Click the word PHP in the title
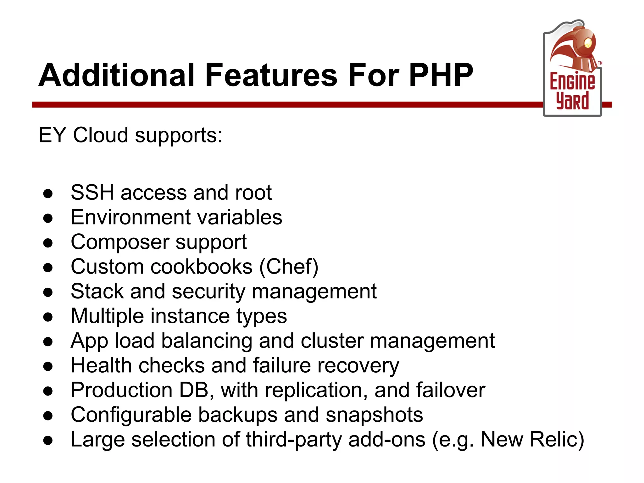point(441,75)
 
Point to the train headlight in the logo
point(588,43)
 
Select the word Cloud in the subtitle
point(101,135)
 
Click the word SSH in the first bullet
point(92,192)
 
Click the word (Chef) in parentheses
point(289,267)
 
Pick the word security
point(208,291)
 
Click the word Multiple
point(107,316)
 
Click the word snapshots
point(374,415)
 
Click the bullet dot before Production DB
point(48,391)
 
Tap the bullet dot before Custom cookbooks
point(48,268)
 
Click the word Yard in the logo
point(572,101)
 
